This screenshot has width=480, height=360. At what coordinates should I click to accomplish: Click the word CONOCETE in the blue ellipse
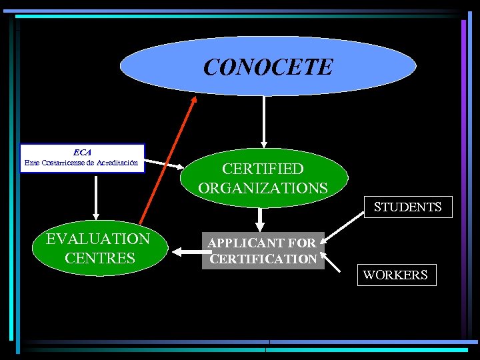pyautogui.click(x=267, y=67)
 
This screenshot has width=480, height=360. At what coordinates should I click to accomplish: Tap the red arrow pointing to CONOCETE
pyautogui.click(x=167, y=160)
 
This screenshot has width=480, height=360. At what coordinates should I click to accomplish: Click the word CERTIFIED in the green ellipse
pyautogui.click(x=263, y=169)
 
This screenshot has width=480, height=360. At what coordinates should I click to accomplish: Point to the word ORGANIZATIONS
pyautogui.click(x=263, y=187)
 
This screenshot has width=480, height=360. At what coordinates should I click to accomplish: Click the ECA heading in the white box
pyautogui.click(x=82, y=152)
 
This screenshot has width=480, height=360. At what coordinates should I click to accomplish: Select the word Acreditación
pyautogui.click(x=117, y=163)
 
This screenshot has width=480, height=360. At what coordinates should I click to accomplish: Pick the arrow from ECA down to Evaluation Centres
pyautogui.click(x=96, y=199)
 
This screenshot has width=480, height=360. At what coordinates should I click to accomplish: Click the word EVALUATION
pyautogui.click(x=97, y=239)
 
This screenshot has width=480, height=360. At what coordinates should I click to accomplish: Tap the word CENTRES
pyautogui.click(x=98, y=257)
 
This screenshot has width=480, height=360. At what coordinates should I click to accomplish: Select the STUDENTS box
pyautogui.click(x=407, y=207)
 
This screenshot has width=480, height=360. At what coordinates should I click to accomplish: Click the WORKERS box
pyautogui.click(x=396, y=275)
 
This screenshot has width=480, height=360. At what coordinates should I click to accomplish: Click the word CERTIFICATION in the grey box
pyautogui.click(x=263, y=259)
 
